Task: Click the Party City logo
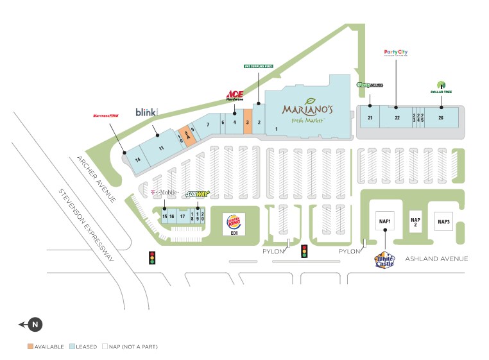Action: (396, 53)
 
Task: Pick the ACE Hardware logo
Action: (234, 96)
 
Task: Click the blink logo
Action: (146, 112)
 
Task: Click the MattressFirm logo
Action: (106, 116)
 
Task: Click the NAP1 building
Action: (385, 221)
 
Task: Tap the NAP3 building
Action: (444, 221)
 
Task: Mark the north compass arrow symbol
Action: (33, 325)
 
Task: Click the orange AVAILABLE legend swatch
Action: (30, 347)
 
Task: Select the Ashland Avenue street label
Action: (436, 259)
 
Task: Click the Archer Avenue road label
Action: (96, 179)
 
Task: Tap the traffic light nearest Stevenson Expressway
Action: (153, 258)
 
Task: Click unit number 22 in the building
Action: (397, 118)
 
